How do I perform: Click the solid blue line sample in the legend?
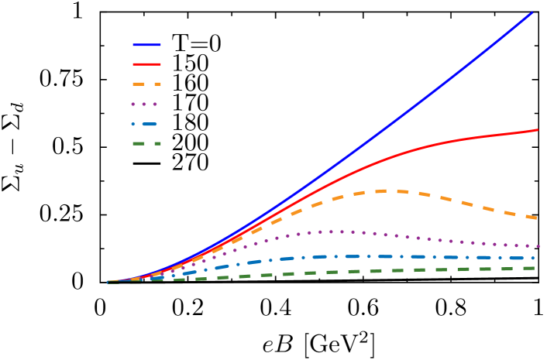click(x=146, y=45)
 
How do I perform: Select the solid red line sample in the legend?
click(x=146, y=64)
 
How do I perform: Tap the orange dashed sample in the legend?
click(x=146, y=84)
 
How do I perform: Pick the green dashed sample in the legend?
click(x=146, y=143)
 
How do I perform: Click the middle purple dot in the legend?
click(x=144, y=104)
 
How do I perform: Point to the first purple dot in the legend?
click(x=134, y=104)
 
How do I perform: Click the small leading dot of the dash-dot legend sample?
click(x=133, y=124)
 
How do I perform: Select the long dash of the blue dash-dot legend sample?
click(x=149, y=124)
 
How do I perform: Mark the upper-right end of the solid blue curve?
click(x=532, y=12)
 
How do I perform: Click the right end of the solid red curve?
click(x=538, y=130)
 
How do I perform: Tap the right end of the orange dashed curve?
click(x=536, y=218)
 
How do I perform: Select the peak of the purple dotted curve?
click(x=333, y=231)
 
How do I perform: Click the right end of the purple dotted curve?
click(x=538, y=246)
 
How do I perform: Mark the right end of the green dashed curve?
click(x=535, y=268)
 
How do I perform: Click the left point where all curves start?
click(x=108, y=282)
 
